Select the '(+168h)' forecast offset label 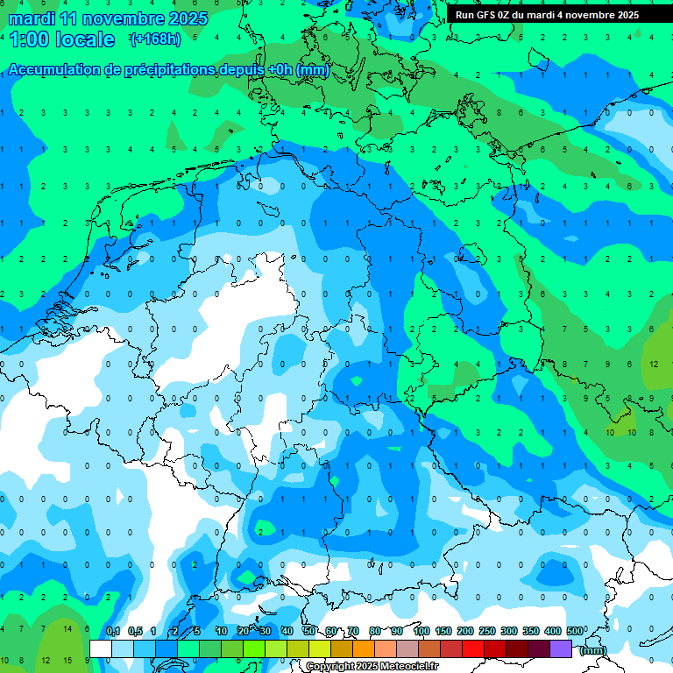[x=154, y=39]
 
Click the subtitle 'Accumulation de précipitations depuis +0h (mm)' [x=168, y=70]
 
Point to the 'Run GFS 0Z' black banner [x=547, y=15]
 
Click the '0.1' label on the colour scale [x=113, y=631]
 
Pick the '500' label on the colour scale [x=575, y=631]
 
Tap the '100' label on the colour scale [x=421, y=631]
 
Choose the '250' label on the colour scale [x=486, y=631]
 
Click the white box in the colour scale [x=101, y=648]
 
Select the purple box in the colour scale [x=561, y=648]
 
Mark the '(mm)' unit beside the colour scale [x=593, y=650]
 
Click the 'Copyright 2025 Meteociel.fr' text [x=372, y=667]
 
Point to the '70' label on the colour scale [x=353, y=631]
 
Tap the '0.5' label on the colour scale [x=135, y=631]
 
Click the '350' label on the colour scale [x=530, y=631]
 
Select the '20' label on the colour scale [x=243, y=631]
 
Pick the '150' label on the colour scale [x=443, y=631]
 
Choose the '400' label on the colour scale [x=552, y=631]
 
